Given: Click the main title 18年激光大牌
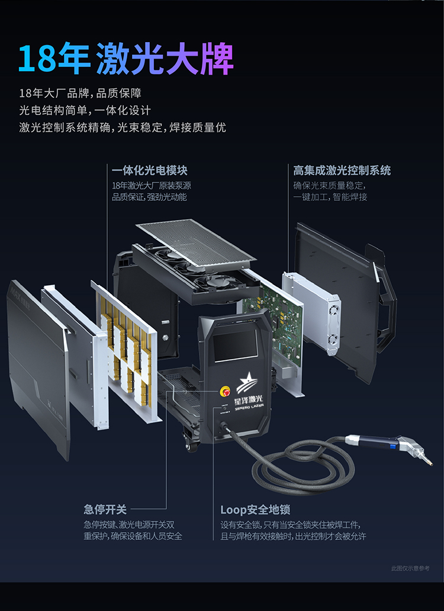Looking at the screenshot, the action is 126,59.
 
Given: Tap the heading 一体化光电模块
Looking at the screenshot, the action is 150,170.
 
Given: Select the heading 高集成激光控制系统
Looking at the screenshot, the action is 342,170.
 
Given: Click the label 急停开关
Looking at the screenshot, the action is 105,509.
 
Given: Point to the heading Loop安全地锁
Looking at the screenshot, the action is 255,510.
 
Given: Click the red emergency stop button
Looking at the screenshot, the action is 226,392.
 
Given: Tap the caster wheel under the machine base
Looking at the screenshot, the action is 191,446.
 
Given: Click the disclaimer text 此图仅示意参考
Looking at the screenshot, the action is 410,568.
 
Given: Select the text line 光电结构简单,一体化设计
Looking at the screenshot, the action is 85,111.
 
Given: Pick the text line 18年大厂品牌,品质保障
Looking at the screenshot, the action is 81,94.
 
